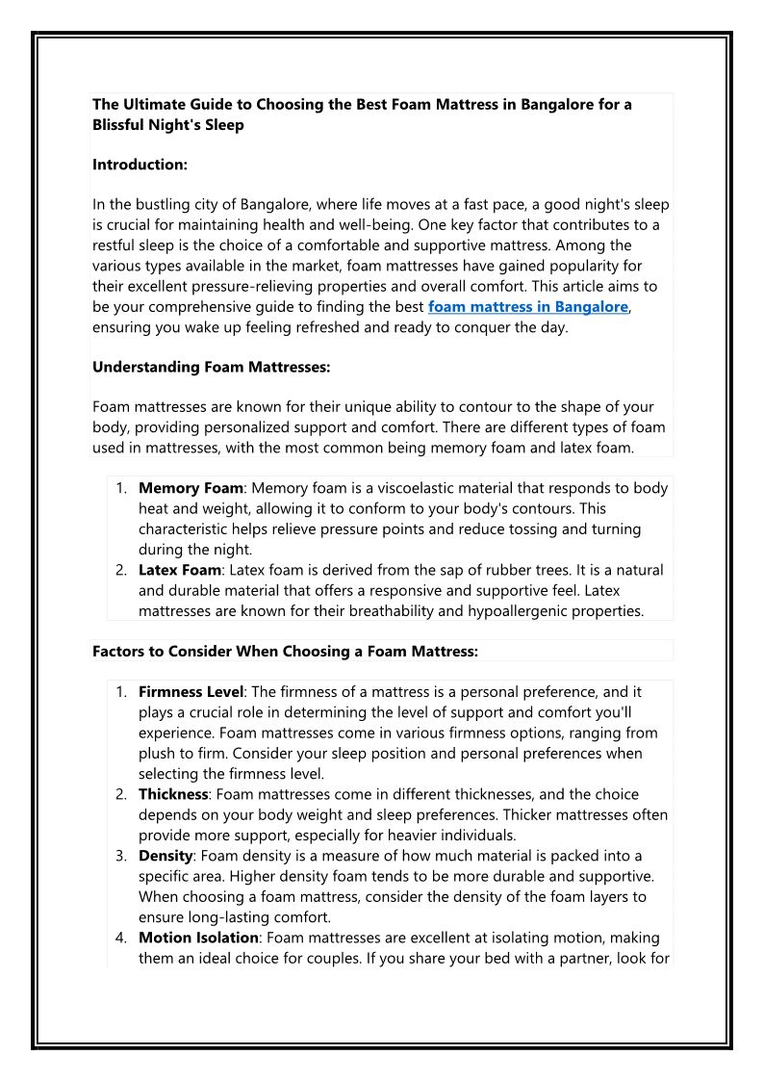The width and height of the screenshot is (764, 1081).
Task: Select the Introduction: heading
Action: [x=140, y=165]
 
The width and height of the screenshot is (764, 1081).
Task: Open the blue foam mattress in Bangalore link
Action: [x=528, y=307]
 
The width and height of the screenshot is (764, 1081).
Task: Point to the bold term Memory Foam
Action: [x=191, y=488]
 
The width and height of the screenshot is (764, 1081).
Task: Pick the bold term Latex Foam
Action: [x=180, y=570]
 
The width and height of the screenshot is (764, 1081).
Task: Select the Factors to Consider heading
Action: [x=285, y=651]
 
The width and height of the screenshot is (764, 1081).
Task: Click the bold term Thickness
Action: [x=173, y=794]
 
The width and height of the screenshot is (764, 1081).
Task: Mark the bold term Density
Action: [x=166, y=855]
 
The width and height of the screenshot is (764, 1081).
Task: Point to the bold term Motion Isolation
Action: [x=198, y=937]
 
